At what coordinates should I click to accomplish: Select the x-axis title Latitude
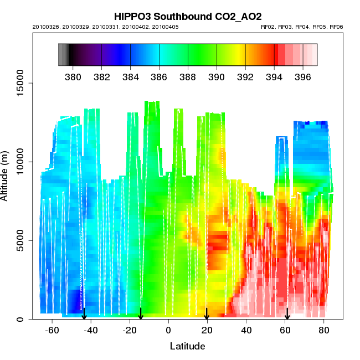coord(187,347)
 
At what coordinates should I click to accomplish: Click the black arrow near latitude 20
coord(207,314)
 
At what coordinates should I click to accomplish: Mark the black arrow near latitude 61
coord(287,314)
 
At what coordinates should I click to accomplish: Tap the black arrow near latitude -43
coord(84,314)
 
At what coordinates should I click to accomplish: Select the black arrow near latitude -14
coord(141,314)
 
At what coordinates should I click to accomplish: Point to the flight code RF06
coord(336,27)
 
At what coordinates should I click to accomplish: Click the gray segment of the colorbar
coord(63,55)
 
